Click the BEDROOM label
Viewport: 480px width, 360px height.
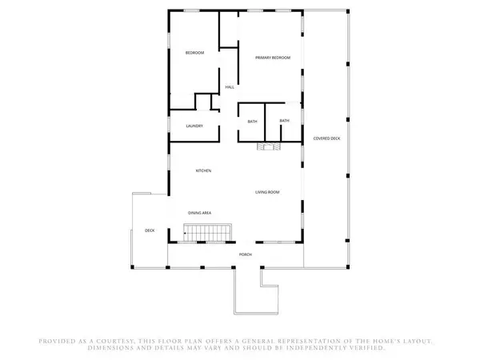click(194, 53)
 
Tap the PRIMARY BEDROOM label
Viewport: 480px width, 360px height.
click(273, 58)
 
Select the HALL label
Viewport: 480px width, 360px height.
click(230, 87)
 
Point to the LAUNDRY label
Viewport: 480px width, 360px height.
click(194, 126)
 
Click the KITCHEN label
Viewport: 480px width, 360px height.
click(203, 170)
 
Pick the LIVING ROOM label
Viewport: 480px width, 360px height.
click(267, 192)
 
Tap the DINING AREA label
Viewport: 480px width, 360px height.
click(199, 213)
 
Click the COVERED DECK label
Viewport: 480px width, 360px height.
click(326, 138)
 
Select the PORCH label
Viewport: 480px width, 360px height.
click(246, 254)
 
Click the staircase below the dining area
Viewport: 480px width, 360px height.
click(207, 233)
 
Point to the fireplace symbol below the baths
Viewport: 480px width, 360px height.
click(269, 146)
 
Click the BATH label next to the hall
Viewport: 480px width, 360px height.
click(252, 122)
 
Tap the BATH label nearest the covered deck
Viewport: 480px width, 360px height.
click(284, 121)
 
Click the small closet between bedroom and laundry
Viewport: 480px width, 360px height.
click(203, 102)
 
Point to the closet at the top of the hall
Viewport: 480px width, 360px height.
click(228, 30)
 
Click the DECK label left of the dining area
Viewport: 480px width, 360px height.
click(150, 230)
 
